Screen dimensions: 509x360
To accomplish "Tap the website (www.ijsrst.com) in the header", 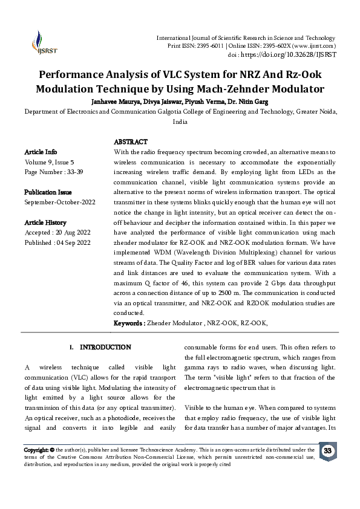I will (313, 46).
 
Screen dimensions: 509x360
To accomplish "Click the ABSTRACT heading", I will (131, 141).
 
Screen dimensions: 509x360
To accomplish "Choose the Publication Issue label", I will (48, 192).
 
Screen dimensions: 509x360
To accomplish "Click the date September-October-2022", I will (57, 201).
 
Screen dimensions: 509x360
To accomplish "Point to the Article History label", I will (45, 222).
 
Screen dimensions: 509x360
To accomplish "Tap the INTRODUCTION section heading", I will (105, 348).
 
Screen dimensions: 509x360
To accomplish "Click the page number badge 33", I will (328, 452).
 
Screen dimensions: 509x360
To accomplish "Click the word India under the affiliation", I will (180, 122).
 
